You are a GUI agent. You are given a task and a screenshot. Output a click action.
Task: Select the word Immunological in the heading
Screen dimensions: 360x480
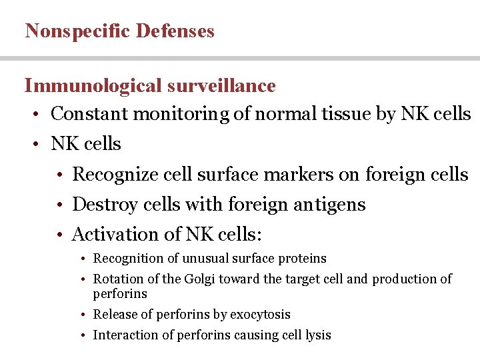93,86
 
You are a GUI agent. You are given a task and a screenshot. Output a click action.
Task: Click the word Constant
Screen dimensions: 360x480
89,114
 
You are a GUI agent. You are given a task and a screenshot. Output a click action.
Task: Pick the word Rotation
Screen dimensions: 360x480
115,279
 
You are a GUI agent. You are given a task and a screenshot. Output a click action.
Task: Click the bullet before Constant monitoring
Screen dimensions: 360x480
38,115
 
